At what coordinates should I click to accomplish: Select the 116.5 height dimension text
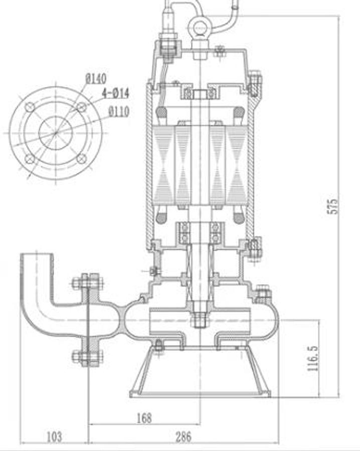pos(313,357)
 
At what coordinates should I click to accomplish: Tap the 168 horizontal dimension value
pos(144,417)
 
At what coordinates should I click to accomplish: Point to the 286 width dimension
pos(183,437)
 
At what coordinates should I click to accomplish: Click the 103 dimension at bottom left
pos(54,437)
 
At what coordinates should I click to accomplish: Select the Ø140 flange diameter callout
pos(96,79)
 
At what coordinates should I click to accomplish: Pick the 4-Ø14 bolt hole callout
pos(115,93)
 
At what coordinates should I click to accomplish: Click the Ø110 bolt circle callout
pos(118,111)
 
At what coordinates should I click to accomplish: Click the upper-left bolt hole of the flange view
pos(30,107)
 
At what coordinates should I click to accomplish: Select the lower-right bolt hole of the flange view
pos(81,159)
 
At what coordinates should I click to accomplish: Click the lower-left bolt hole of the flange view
pos(30,159)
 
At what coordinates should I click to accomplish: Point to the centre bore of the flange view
pos(56,133)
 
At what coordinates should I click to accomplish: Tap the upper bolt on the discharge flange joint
pos(88,282)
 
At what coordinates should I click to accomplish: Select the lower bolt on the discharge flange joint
pos(88,357)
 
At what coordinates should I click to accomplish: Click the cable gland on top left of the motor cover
pos(168,43)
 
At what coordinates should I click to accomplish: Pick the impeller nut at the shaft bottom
pos(200,319)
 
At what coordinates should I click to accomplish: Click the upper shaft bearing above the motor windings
pos(200,93)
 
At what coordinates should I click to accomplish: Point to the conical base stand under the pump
pos(200,373)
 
